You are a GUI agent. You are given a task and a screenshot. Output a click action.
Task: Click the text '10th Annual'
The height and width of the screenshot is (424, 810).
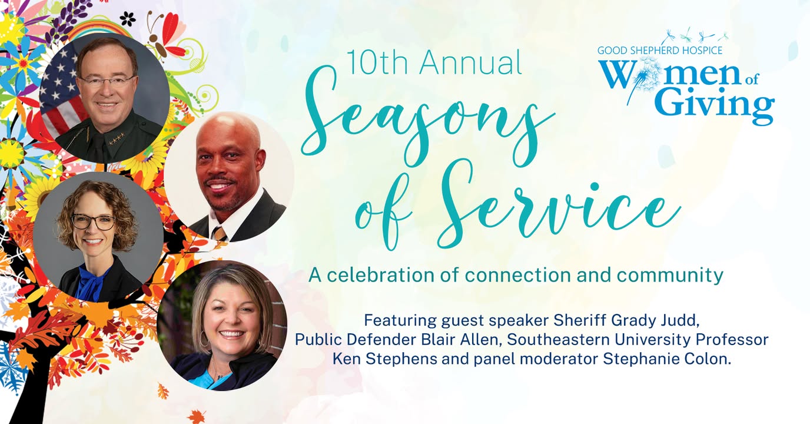(434, 62)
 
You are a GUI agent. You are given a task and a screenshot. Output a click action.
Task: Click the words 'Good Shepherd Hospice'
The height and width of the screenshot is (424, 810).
(659, 50)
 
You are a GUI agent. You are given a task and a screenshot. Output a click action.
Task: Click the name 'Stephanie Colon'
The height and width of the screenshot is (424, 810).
(665, 359)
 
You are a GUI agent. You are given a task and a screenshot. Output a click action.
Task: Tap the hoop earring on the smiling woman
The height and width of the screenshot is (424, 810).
(204, 338)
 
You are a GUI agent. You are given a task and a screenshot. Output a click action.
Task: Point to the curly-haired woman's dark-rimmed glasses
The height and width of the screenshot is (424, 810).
(93, 222)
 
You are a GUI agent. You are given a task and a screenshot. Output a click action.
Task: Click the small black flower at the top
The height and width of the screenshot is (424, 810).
(127, 19)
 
